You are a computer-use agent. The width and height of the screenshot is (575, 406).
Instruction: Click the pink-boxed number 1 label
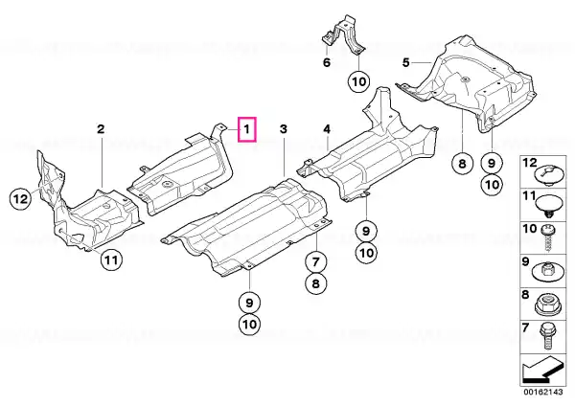click(247, 129)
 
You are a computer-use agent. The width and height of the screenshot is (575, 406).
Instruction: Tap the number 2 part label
click(101, 129)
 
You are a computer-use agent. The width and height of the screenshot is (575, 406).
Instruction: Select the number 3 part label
click(284, 129)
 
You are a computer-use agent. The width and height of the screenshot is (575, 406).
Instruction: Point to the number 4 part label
click(327, 129)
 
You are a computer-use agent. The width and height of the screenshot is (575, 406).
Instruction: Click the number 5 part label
click(405, 62)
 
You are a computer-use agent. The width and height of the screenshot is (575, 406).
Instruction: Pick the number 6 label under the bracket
click(327, 62)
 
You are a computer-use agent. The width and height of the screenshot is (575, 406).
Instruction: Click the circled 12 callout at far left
click(20, 199)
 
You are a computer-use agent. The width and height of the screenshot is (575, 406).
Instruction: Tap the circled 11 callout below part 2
click(111, 259)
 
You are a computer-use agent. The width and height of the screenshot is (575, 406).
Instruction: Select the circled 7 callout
click(316, 261)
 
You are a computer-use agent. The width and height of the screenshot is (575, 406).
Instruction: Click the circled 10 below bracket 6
click(359, 81)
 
